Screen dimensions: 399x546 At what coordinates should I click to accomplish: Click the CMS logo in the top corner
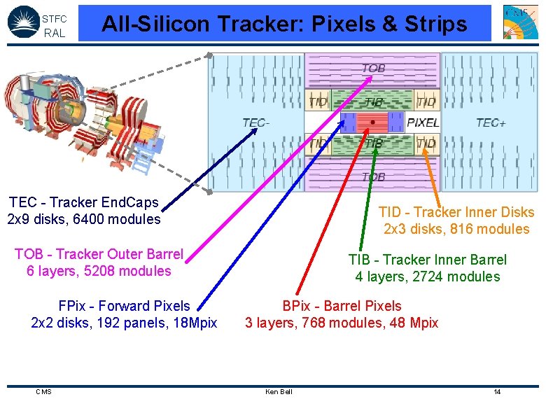[x=520, y=22]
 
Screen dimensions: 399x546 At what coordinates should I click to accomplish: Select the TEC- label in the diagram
[x=256, y=122]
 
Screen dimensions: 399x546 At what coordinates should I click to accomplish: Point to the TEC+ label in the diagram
[x=491, y=122]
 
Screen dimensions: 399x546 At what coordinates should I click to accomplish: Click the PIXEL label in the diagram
[x=423, y=122]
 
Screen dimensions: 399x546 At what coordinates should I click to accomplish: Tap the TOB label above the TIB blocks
[x=373, y=69]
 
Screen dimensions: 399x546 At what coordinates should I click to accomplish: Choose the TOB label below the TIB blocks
[x=373, y=177]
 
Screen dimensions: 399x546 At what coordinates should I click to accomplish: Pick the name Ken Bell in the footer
[x=279, y=391]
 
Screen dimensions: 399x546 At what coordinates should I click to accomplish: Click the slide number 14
[x=497, y=391]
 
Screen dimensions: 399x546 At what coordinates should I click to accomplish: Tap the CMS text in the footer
[x=43, y=391]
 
